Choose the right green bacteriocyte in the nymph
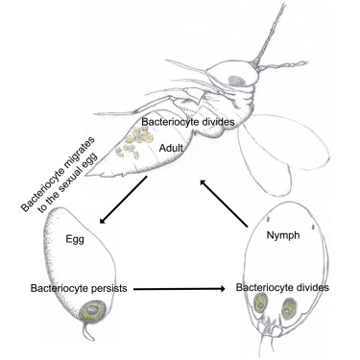pyautogui.click(x=291, y=310)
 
